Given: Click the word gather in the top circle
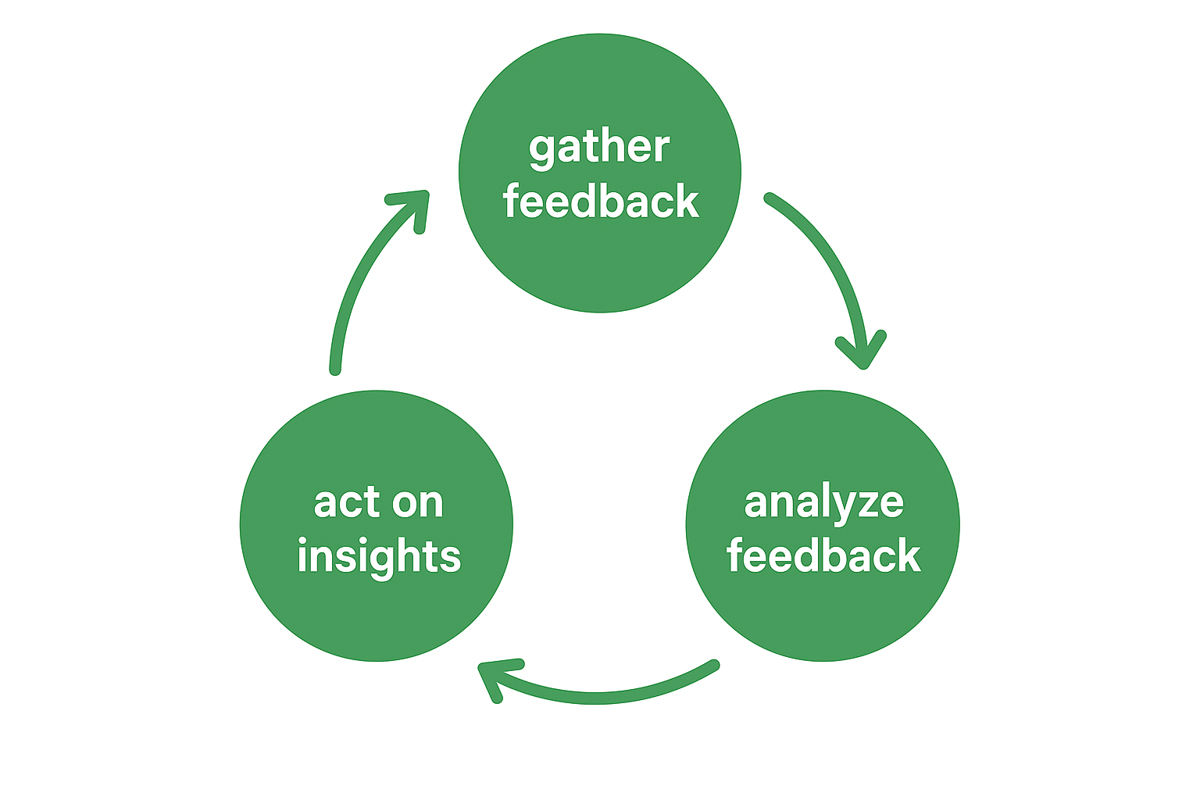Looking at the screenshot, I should [x=599, y=148].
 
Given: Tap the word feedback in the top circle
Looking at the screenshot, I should [x=600, y=202].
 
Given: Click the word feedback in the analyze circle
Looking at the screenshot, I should [x=823, y=555].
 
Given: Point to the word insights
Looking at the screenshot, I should [x=379, y=556].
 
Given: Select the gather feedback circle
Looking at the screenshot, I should [x=600, y=258].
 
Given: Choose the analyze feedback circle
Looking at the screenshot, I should [x=823, y=617].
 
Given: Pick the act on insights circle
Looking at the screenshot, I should [x=377, y=617].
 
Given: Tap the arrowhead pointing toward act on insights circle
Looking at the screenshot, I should [x=492, y=675].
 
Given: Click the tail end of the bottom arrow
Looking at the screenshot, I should [x=713, y=665].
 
